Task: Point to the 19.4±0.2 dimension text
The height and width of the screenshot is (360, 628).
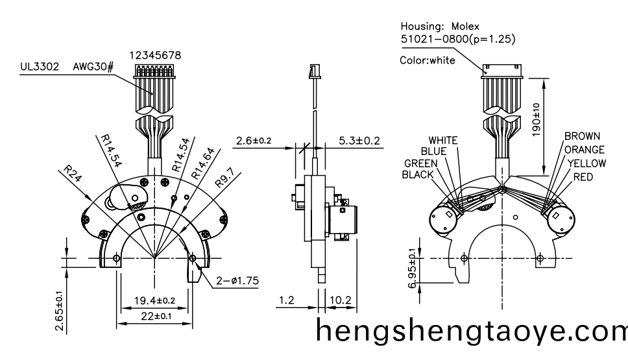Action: click(154, 300)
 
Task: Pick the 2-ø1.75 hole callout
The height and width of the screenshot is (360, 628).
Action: click(237, 281)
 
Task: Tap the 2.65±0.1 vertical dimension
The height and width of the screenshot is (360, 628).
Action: click(59, 311)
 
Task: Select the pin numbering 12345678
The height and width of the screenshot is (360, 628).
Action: click(154, 56)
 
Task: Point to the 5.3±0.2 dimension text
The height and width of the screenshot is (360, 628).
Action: click(359, 141)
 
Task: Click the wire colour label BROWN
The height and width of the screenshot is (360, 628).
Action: click(582, 137)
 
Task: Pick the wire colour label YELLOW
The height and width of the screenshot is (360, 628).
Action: click(586, 163)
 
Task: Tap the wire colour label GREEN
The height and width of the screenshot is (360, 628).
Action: click(421, 163)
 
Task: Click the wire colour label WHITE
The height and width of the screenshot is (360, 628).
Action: click(443, 140)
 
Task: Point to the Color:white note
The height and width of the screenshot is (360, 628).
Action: click(428, 60)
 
